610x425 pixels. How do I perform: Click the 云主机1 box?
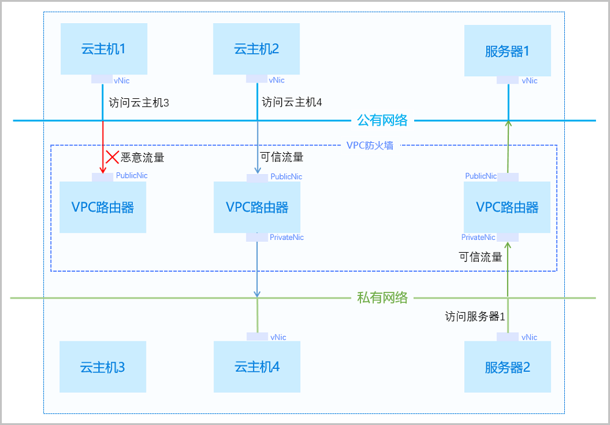pos(104,49)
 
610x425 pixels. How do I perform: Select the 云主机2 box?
pos(256,49)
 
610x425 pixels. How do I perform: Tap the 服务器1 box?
pos(508,51)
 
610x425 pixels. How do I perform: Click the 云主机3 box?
pos(102,367)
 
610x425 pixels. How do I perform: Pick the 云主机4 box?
pos(257,367)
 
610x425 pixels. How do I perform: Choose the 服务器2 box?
pos(508,367)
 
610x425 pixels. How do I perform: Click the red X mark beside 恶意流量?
pos(112,157)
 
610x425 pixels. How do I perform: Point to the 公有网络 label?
pos(382,120)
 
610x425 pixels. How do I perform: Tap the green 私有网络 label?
pos(382,298)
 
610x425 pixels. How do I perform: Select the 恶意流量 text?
pos(143,158)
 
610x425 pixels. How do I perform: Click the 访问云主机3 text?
pos(138,103)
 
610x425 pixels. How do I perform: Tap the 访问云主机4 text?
pos(292,103)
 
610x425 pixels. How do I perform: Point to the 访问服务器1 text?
pos(475,316)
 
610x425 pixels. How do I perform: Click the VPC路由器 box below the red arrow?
pos(102,207)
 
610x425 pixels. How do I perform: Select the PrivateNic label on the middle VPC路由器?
pos(287,238)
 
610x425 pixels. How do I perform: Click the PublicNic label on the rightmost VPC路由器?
pos(481,176)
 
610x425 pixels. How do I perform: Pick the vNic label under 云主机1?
pos(121,80)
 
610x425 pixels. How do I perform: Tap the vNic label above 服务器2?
pos(529,337)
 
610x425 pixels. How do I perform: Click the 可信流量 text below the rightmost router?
pos(481,257)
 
